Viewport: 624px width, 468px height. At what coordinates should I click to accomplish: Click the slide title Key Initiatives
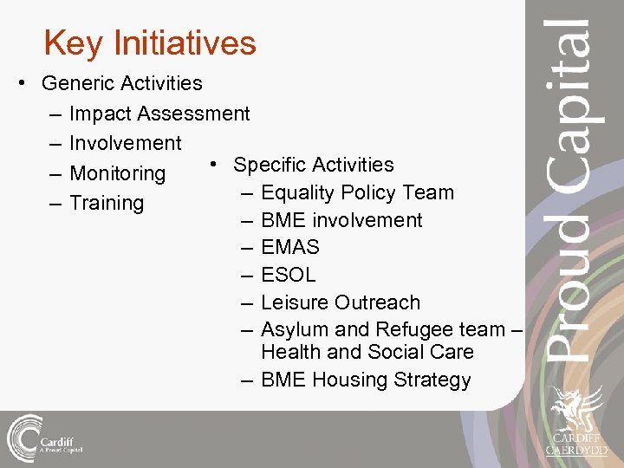pos(150,42)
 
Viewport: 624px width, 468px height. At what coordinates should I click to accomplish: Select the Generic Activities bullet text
pos(121,83)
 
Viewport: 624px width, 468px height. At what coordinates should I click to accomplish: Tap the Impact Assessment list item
pos(159,114)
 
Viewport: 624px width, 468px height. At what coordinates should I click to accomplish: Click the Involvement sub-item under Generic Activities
pos(125,143)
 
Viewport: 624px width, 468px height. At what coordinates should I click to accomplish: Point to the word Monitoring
pos(117,173)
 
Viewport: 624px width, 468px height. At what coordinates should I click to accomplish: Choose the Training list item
pos(107,203)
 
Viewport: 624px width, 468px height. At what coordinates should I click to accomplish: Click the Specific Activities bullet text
pos(313,165)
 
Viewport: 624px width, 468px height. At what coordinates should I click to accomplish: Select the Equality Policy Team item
pos(357,192)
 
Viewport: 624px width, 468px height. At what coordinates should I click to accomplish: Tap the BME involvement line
pos(341,220)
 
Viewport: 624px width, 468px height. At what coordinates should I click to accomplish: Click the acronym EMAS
pos(290,247)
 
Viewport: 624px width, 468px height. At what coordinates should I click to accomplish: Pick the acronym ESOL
pos(289,275)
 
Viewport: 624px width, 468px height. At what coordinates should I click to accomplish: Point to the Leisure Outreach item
pos(340,302)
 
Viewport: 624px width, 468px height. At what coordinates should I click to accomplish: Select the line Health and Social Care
pos(367,352)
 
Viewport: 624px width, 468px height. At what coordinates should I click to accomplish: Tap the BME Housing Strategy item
pos(366,380)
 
